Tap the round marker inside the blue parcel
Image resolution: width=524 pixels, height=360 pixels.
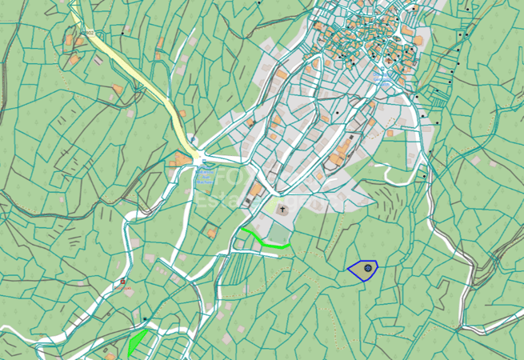click(368, 269)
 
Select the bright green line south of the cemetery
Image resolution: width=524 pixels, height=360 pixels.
click(264, 241)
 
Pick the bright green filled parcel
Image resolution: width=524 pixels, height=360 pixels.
click(137, 342)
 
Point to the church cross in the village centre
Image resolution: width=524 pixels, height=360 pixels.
click(388, 61)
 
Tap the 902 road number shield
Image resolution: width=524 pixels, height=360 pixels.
click(90, 32)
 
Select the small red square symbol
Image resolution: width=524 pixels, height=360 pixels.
click(123, 282)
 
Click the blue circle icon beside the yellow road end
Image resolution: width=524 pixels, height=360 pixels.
click(194, 140)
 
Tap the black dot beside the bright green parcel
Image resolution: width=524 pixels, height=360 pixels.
click(145, 320)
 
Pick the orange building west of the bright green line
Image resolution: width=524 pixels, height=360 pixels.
click(212, 233)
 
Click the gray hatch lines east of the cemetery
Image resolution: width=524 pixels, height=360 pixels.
click(392, 196)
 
